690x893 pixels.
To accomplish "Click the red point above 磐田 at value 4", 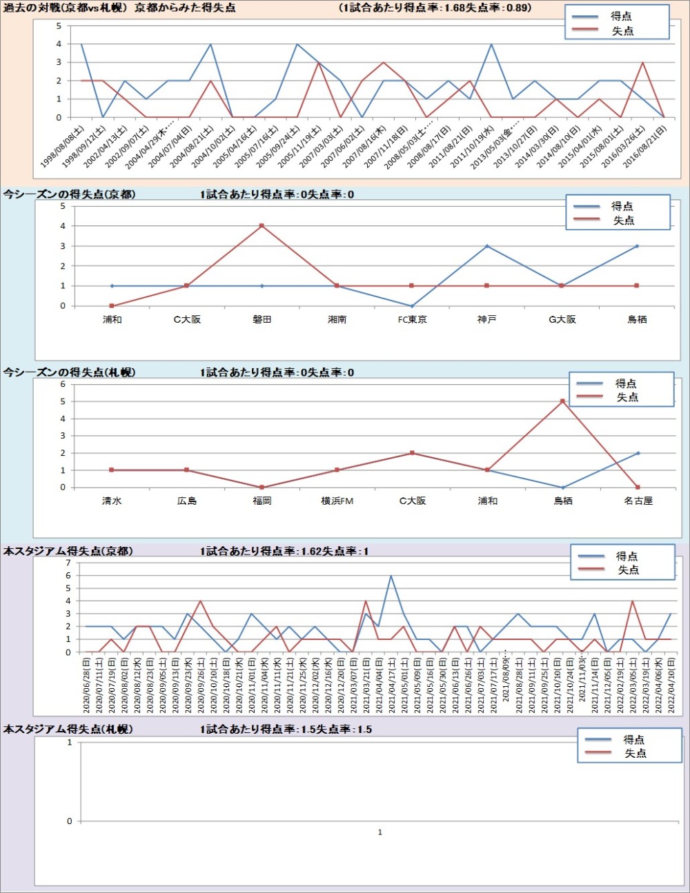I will click(x=262, y=225).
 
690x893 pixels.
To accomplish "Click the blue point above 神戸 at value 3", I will click(x=486, y=246).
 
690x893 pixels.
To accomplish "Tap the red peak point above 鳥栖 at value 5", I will click(x=562, y=401).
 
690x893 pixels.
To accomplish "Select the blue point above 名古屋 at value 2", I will click(x=638, y=453).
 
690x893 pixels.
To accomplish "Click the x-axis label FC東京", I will click(x=412, y=319).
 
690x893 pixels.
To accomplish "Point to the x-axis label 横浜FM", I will click(x=337, y=501).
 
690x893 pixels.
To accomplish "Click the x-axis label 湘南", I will click(x=337, y=319).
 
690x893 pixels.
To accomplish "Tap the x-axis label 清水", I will click(x=112, y=501).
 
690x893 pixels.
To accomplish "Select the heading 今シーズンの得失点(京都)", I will click(x=69, y=194).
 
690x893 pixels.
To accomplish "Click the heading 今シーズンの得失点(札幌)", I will click(x=69, y=372).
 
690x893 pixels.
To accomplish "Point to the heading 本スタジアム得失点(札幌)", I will click(x=68, y=729).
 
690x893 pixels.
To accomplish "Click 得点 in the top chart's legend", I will click(x=621, y=16).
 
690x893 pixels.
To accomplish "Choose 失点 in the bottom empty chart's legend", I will click(x=635, y=754).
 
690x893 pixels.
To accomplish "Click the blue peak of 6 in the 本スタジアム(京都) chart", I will click(x=391, y=576).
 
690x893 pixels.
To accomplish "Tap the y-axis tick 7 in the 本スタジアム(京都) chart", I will click(x=68, y=563).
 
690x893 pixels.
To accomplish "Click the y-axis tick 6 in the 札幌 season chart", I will click(x=63, y=384).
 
